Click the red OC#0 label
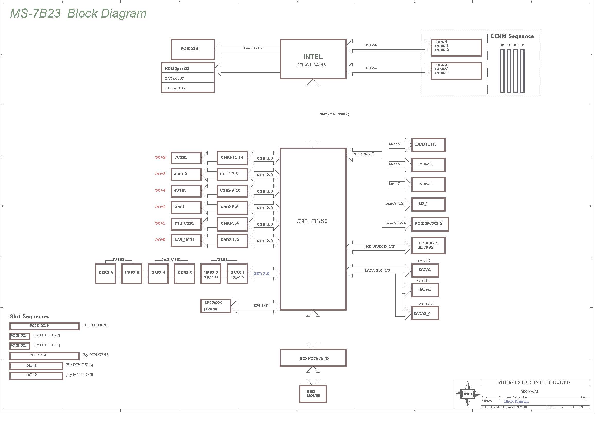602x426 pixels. (160, 240)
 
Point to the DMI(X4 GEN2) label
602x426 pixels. (334, 114)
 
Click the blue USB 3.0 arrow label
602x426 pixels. (261, 274)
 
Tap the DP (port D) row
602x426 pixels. (188, 88)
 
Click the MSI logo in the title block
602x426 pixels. (467, 394)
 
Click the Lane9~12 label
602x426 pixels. (394, 203)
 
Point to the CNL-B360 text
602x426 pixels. (312, 221)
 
